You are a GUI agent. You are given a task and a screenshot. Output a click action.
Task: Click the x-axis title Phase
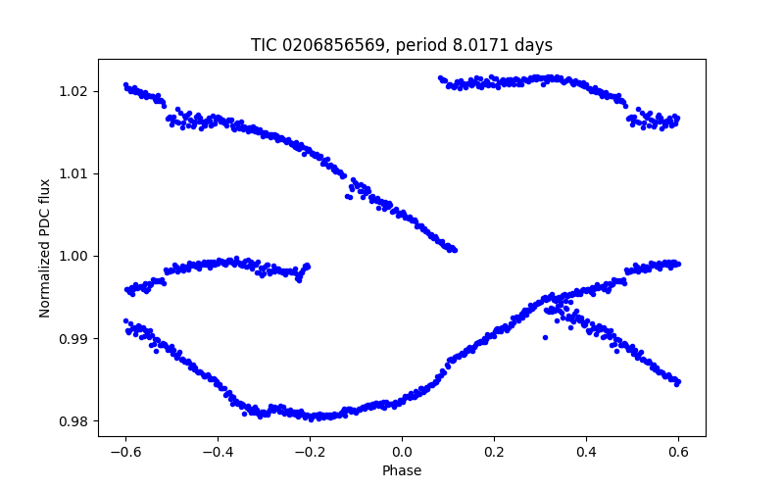(402, 470)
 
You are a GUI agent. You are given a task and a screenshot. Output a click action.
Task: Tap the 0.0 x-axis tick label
(402, 452)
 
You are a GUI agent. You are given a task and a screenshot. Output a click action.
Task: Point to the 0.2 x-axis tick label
(494, 452)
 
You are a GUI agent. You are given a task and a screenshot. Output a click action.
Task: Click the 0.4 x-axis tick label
(586, 452)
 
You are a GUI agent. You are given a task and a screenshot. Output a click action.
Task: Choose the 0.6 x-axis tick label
(678, 452)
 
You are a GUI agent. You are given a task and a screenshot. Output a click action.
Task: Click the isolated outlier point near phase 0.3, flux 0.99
(545, 337)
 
